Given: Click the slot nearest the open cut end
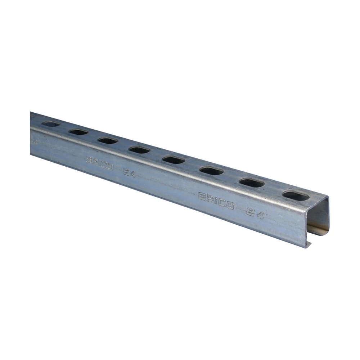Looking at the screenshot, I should click(x=296, y=195).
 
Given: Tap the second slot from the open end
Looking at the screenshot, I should click(x=252, y=183).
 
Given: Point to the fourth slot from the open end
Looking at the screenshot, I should click(x=174, y=159).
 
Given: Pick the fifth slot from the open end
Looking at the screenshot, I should click(x=139, y=149).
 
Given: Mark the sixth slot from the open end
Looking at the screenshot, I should click(x=108, y=140).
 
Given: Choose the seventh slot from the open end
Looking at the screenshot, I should click(x=79, y=132).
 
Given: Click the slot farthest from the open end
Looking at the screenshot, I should click(x=51, y=125).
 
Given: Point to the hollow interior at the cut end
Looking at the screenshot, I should click(x=320, y=220).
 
